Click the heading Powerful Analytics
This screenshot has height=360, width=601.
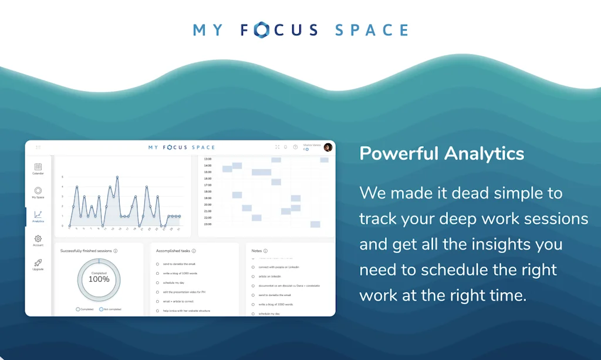pyautogui.click(x=441, y=154)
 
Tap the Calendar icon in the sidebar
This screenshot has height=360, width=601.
pyautogui.click(x=38, y=167)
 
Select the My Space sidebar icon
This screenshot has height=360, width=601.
pyautogui.click(x=38, y=191)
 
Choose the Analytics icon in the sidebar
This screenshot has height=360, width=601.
pyautogui.click(x=38, y=215)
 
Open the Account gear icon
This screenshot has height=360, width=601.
pyautogui.click(x=38, y=239)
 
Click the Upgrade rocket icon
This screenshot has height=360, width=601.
pyautogui.click(x=38, y=263)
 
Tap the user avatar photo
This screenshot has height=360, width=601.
pyautogui.click(x=327, y=147)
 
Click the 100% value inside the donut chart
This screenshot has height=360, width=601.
pyautogui.click(x=99, y=279)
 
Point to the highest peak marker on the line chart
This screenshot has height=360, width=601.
pyautogui.click(x=117, y=177)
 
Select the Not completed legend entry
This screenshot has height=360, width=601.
pyautogui.click(x=111, y=309)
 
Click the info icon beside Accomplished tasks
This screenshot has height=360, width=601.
pyautogui.click(x=194, y=251)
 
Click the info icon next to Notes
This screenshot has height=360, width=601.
pyautogui.click(x=265, y=251)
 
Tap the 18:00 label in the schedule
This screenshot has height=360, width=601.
pyautogui.click(x=207, y=191)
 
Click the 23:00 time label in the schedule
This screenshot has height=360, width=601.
pyautogui.click(x=207, y=224)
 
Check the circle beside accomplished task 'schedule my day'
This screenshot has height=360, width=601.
pyautogui.click(x=157, y=282)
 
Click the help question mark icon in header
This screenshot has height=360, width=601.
pyautogui.click(x=295, y=147)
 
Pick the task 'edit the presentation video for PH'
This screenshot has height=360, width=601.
pyautogui.click(x=184, y=292)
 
